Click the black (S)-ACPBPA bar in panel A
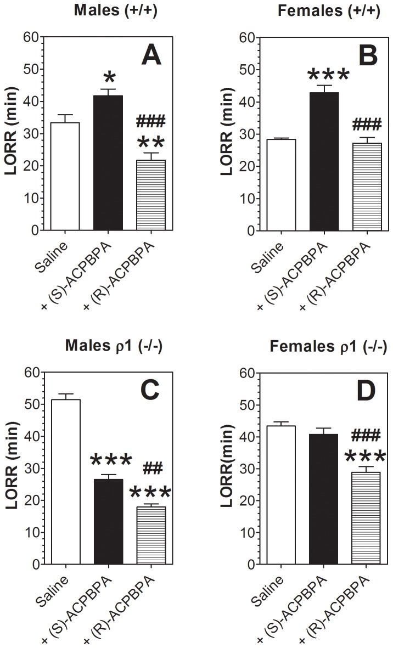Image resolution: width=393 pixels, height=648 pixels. point(108,162)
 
